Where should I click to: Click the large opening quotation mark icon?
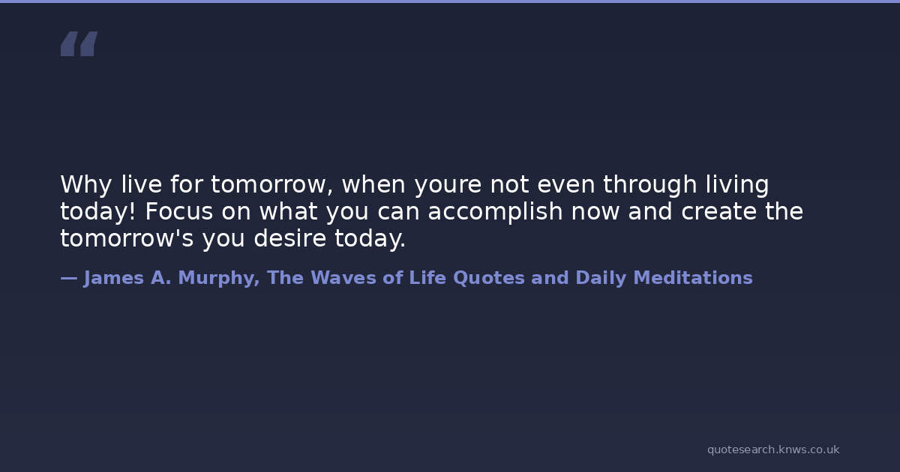click(x=79, y=43)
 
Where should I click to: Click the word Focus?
click(x=178, y=211)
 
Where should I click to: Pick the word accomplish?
click(x=495, y=212)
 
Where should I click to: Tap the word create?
click(x=718, y=212)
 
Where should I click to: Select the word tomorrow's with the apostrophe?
click(x=127, y=238)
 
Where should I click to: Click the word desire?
click(x=289, y=238)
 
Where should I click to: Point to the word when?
click(x=373, y=184)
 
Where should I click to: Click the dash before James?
click(x=69, y=278)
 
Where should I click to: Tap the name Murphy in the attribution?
click(x=218, y=279)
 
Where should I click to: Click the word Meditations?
click(x=693, y=278)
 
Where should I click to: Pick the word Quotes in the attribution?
click(x=489, y=278)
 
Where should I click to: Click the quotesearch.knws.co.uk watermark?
click(x=773, y=450)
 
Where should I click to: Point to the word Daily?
click(x=601, y=279)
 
